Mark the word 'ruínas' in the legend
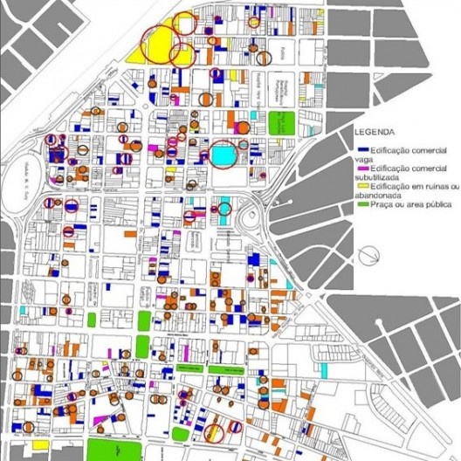(429, 185)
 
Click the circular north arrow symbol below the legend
(371, 254)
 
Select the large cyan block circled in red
(224, 156)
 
